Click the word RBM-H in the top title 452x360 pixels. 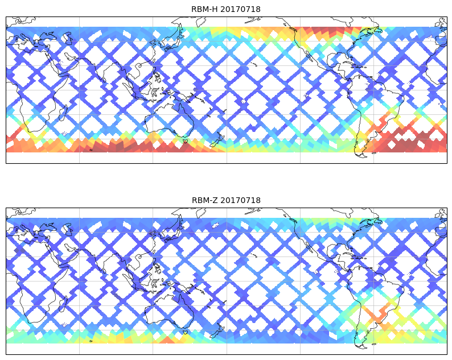point(203,9)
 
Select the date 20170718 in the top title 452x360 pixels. point(239,9)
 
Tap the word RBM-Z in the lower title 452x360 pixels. point(203,200)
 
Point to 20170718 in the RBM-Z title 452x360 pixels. point(239,200)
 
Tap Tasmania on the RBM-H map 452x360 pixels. point(184,141)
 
